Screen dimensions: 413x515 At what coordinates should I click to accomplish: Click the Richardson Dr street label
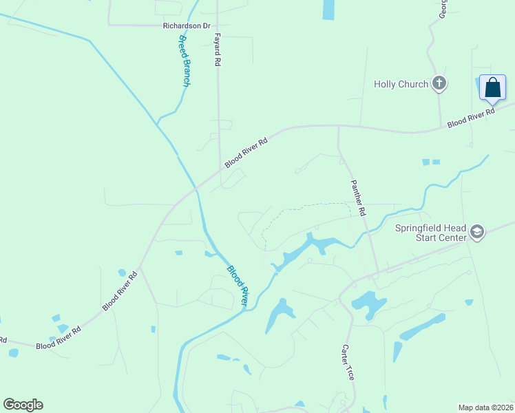coord(186,26)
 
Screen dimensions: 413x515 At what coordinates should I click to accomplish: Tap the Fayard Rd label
coord(217,50)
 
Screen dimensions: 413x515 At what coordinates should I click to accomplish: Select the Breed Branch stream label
coord(184,60)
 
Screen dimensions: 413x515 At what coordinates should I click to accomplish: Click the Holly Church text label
coord(401,84)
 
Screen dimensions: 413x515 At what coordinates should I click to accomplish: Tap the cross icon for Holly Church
coord(439,84)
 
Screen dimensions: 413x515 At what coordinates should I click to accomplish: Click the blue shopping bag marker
coord(492,89)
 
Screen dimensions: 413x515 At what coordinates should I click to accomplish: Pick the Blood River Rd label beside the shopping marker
coord(471,117)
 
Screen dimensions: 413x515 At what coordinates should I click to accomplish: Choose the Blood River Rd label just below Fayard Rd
coord(245,151)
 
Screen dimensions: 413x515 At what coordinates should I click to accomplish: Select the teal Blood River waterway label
coord(238,286)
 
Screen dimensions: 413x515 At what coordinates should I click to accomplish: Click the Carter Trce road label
coord(348,363)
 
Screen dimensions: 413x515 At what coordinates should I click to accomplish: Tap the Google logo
coord(23,405)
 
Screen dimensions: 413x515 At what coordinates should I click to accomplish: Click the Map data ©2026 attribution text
coord(485,407)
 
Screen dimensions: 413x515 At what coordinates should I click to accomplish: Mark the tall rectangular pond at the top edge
coord(328,9)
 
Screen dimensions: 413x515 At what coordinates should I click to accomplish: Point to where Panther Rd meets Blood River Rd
coord(338,126)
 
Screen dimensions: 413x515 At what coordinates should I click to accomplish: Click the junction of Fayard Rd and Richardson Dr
coord(218,25)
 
